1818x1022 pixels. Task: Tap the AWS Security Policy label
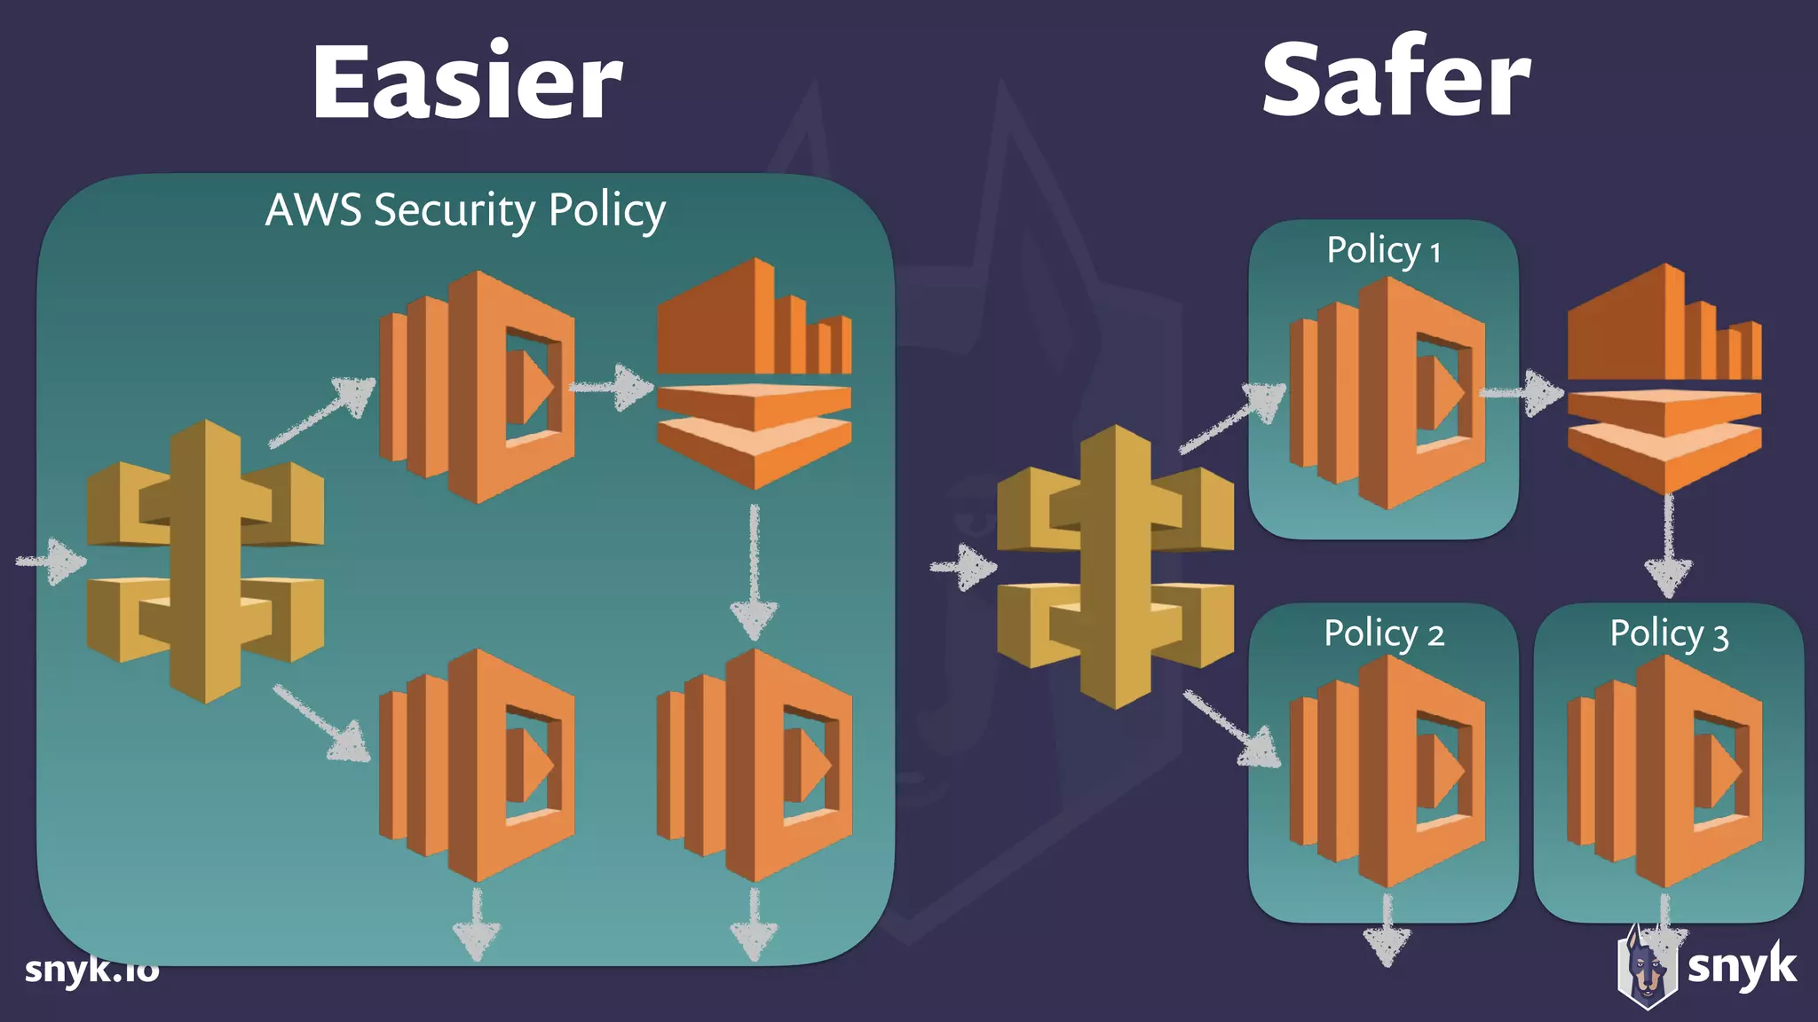[465, 211]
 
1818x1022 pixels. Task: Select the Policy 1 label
[1383, 250]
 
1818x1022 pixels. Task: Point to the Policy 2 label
[1383, 633]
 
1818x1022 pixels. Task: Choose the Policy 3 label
[1669, 633]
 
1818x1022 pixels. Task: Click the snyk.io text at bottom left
[91, 969]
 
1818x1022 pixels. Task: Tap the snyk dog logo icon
[1648, 969]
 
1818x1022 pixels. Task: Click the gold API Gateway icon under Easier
[205, 562]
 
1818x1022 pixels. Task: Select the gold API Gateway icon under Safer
[1115, 567]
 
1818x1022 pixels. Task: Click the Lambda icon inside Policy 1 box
[1387, 393]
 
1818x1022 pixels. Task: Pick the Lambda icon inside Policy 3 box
[1664, 771]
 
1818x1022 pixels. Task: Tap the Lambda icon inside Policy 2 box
[1387, 771]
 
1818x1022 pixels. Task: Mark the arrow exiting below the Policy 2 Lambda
[1387, 932]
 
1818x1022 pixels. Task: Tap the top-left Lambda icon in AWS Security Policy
[477, 387]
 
